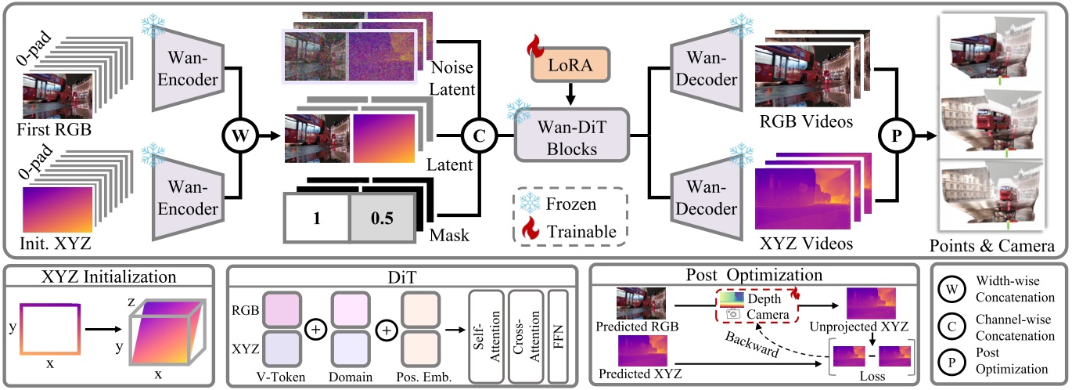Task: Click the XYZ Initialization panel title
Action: (x=109, y=276)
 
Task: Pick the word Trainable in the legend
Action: (x=583, y=231)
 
